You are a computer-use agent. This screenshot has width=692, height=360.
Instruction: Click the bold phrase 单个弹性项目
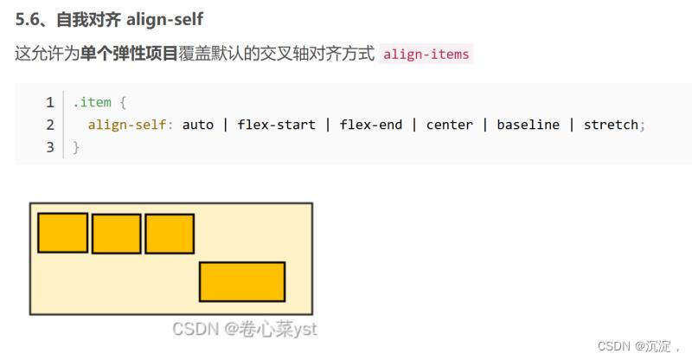[130, 54]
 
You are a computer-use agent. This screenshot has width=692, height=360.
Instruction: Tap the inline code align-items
[426, 55]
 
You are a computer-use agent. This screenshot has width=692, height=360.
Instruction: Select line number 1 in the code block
[50, 102]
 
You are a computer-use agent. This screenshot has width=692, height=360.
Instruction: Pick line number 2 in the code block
[50, 125]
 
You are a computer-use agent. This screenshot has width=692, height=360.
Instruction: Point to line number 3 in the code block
[50, 147]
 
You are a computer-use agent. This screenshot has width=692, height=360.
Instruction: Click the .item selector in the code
[92, 102]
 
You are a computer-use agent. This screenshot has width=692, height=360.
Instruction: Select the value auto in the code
[197, 125]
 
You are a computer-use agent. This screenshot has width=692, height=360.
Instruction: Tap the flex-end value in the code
[370, 125]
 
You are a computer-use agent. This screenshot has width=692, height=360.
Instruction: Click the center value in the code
[449, 125]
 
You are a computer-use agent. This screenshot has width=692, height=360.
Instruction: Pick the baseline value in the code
[528, 125]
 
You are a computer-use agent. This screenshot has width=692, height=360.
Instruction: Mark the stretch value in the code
[611, 125]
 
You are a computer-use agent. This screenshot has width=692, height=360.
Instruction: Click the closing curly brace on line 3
[76, 147]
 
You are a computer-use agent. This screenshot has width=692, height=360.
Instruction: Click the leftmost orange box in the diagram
[62, 233]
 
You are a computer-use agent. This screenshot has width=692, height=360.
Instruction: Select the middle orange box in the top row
[116, 234]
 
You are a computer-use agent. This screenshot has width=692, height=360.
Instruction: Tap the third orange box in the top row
[170, 234]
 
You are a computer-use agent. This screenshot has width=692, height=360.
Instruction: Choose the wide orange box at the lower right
[242, 281]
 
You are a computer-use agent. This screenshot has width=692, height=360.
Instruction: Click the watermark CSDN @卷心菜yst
[244, 329]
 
